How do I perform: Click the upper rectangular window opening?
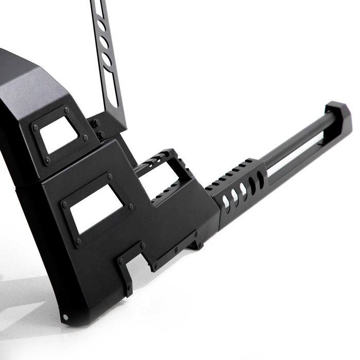coord(59,135)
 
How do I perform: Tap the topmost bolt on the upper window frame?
coord(66,110)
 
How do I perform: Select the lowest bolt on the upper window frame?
coord(47,160)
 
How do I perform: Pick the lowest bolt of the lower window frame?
coord(78,241)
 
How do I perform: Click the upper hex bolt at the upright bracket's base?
coord(95,123)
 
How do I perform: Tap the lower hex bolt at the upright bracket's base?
coord(101,135)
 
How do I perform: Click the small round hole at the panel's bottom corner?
coord(65,316)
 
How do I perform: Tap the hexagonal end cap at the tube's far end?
coord(338,114)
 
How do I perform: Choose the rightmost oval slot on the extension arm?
coord(260,179)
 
